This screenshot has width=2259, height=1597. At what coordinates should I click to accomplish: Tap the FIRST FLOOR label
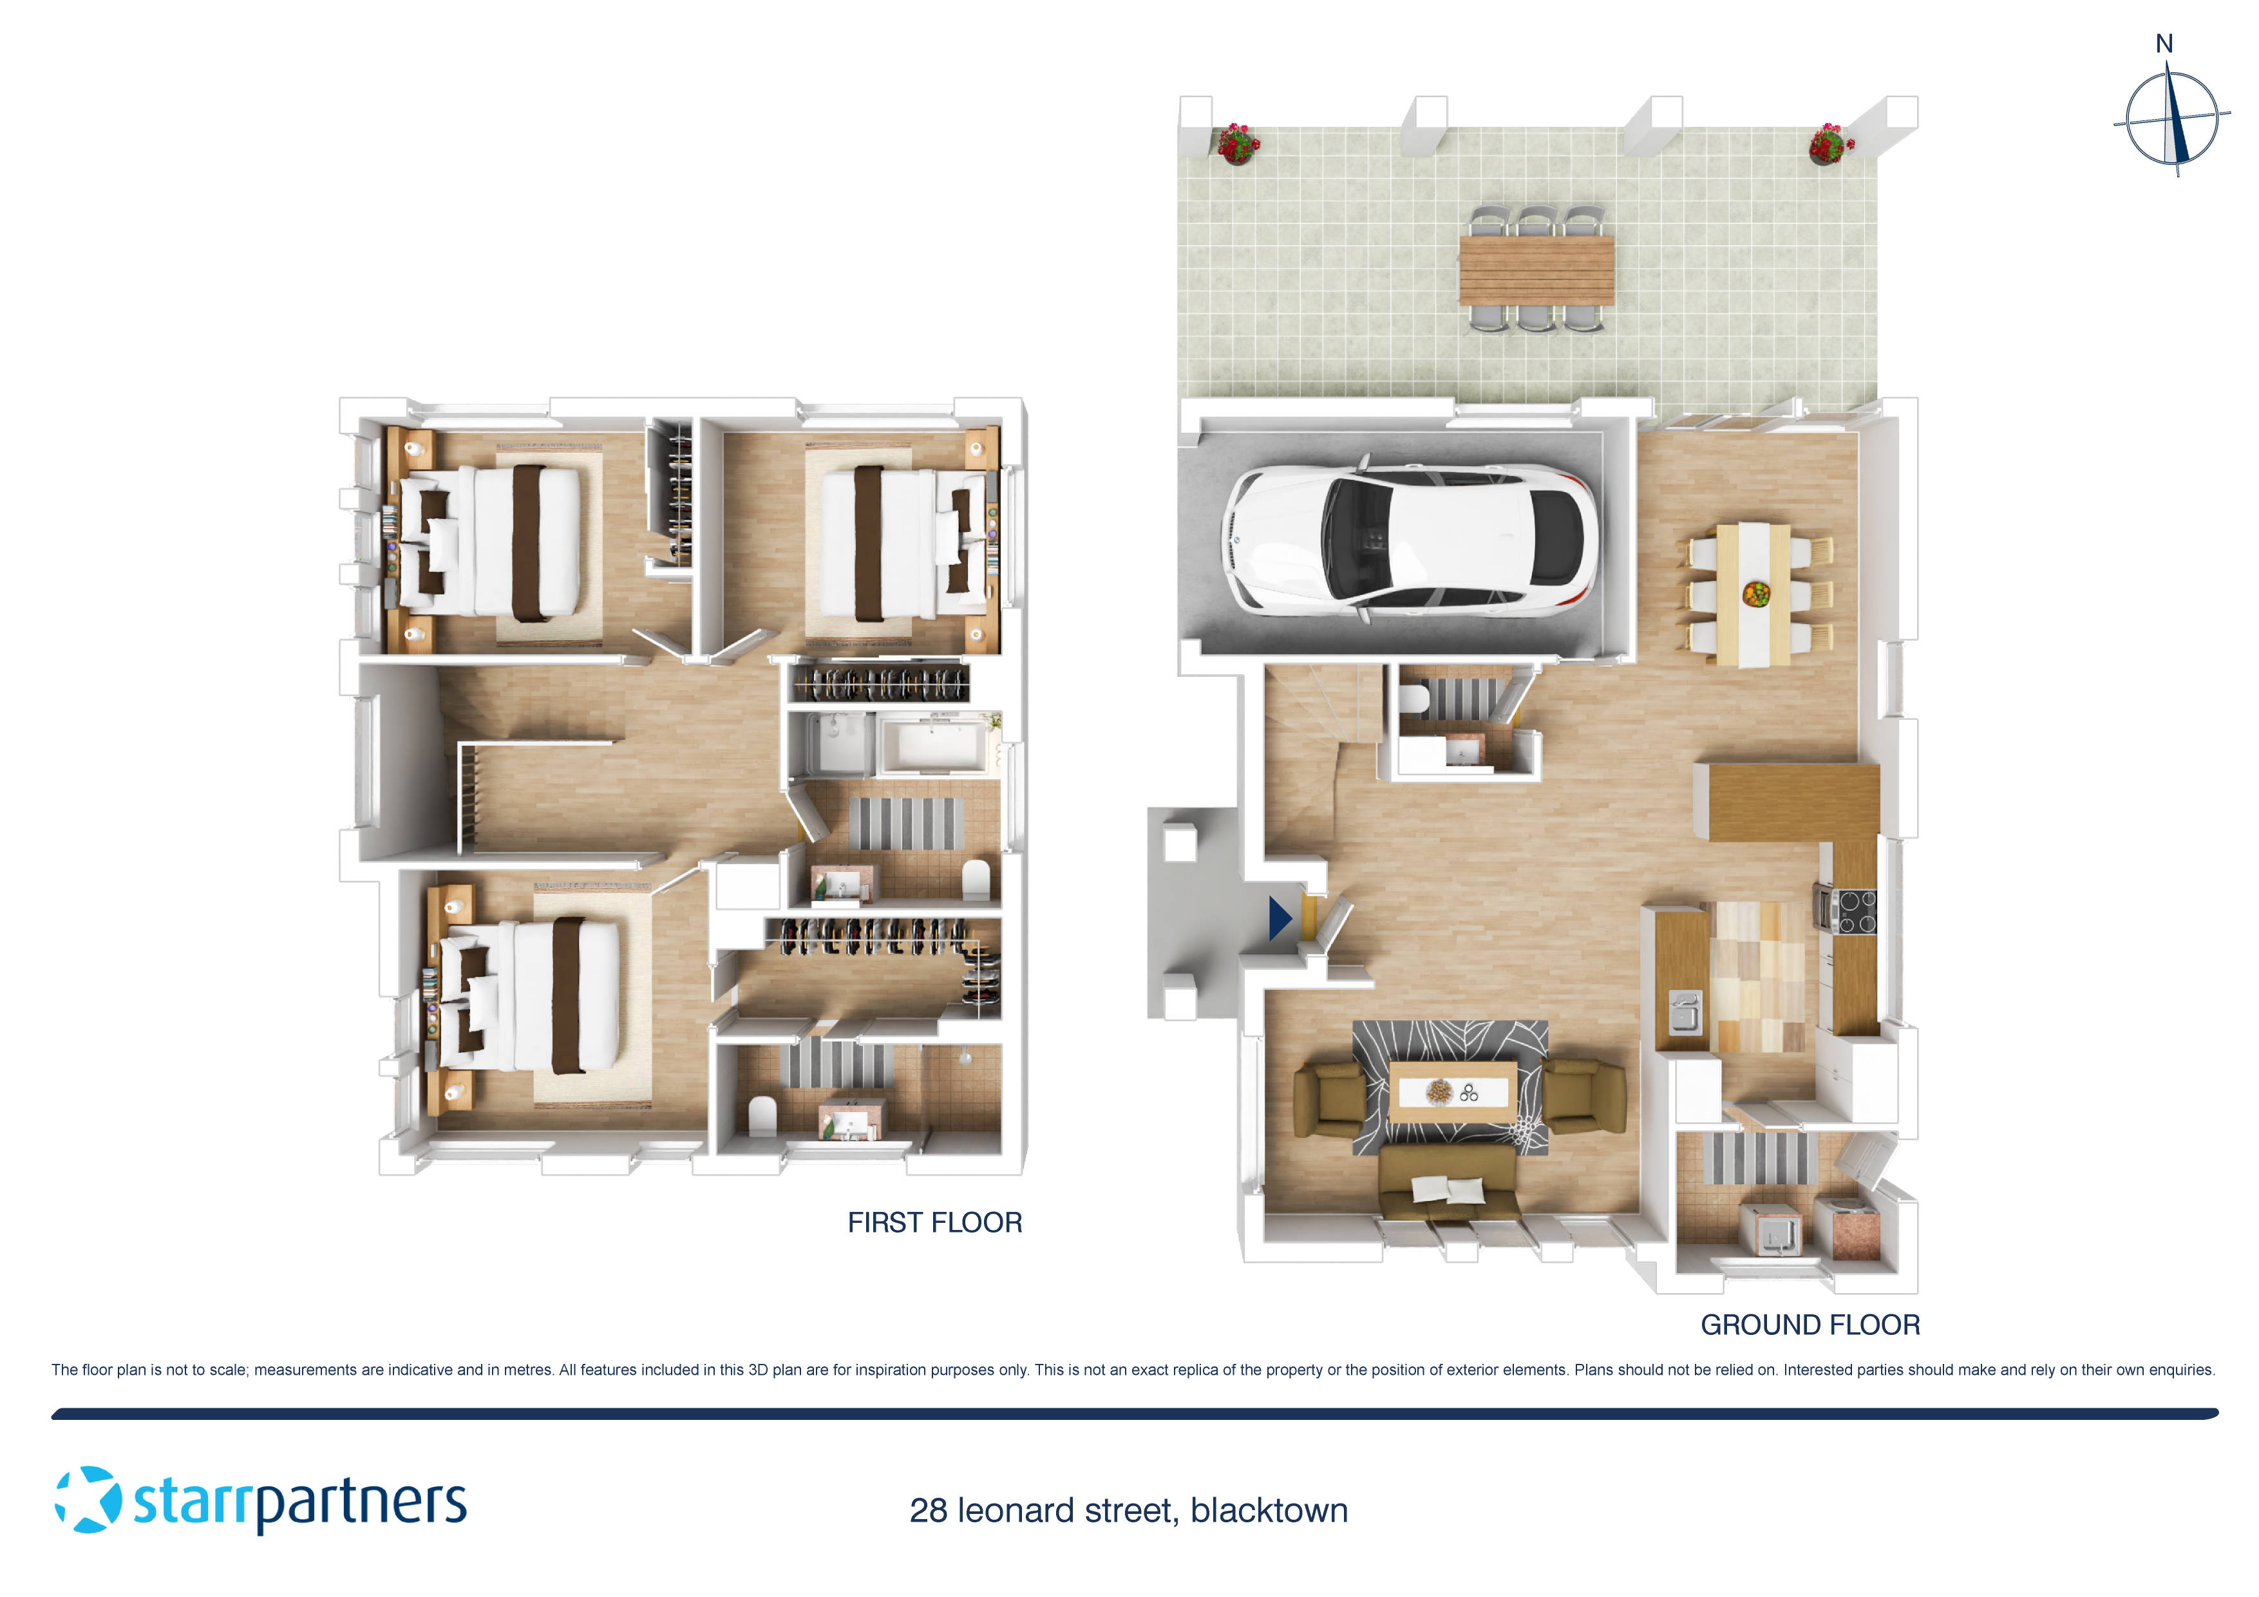934,1222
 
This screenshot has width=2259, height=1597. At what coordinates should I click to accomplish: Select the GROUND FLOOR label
1810,1325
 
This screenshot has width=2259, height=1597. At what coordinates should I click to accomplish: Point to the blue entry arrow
1279,918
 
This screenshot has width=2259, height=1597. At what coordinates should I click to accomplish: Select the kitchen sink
1685,1012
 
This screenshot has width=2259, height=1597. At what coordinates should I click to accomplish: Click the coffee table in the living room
1453,1090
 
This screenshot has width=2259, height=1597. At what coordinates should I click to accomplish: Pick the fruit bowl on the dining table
1755,592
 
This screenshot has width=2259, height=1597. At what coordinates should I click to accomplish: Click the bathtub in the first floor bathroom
932,744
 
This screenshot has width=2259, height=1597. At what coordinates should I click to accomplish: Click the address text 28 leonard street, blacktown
1128,1511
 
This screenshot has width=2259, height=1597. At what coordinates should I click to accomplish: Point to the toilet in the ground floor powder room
1414,699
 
